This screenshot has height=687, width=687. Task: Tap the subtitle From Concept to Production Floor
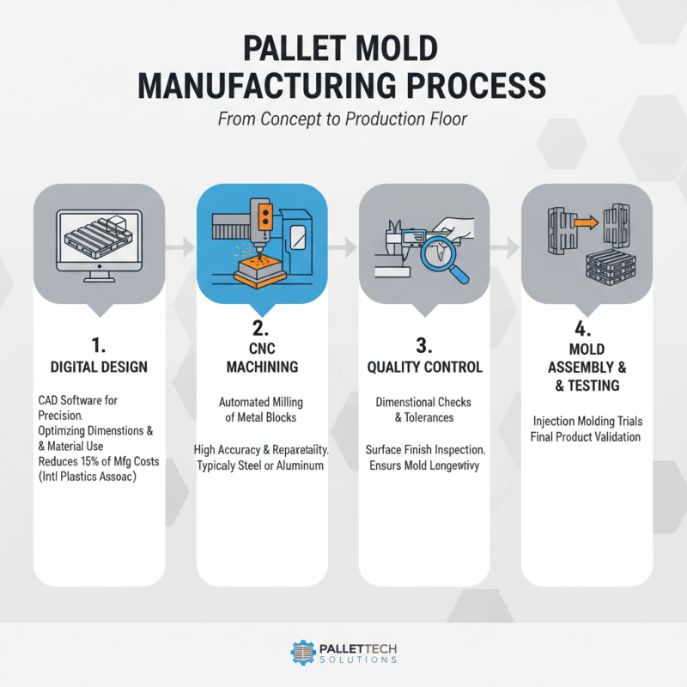343,119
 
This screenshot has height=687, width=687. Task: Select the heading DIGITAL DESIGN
99,367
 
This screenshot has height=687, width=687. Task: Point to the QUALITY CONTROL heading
424,367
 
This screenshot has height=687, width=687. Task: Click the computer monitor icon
99,240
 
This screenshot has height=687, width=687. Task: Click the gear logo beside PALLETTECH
305,653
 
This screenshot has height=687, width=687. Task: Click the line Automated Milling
261,401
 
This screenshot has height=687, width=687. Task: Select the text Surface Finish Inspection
425,449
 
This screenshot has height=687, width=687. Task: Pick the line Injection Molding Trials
587,421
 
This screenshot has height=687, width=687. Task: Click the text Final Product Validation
587,436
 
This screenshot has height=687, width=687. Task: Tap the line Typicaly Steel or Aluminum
261,465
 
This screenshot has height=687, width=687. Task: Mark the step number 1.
99,344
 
